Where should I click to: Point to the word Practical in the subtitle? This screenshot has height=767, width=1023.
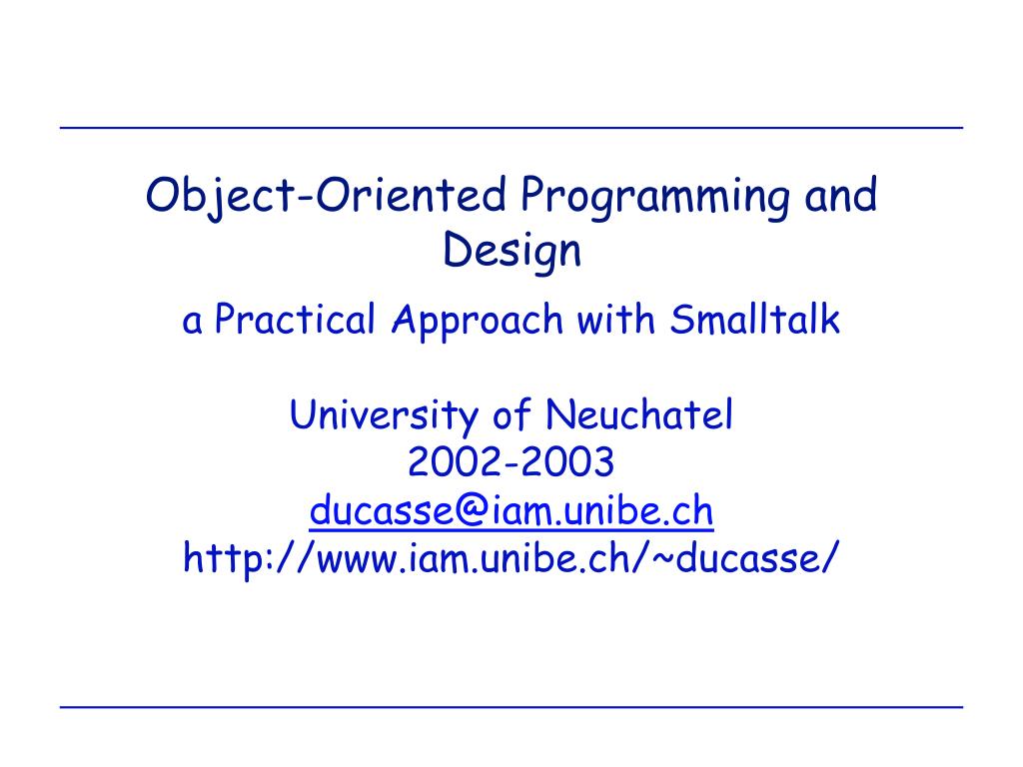point(296,321)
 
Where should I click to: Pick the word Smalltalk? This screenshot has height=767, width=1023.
point(756,321)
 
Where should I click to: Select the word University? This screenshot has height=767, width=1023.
point(385,414)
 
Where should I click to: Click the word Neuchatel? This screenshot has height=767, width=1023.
point(639,414)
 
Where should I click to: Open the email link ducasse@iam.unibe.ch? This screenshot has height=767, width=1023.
point(511,511)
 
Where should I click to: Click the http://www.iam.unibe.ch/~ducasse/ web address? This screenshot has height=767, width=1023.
point(511,559)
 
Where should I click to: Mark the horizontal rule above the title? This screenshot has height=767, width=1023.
point(511,129)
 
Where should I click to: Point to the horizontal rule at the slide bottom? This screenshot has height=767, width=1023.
point(511,707)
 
